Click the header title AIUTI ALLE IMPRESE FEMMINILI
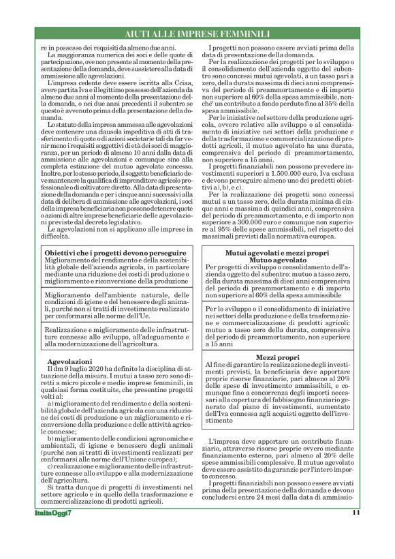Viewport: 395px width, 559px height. [x=197, y=33]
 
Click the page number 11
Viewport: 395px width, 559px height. [x=355, y=513]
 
